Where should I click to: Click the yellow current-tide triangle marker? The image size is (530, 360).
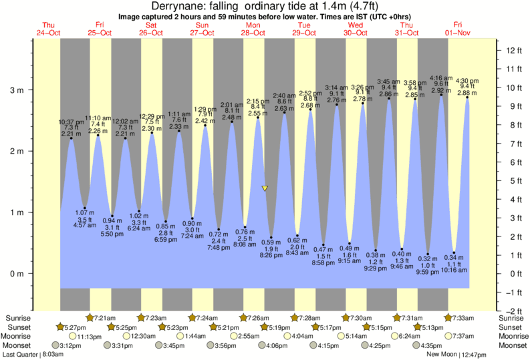coord(265,189)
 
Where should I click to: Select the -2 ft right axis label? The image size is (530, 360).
coord(513,311)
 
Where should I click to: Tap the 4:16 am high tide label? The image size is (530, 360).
coord(441,78)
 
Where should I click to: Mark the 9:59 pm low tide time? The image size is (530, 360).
coord(428,273)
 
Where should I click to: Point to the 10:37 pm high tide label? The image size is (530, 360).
coord(72,122)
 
